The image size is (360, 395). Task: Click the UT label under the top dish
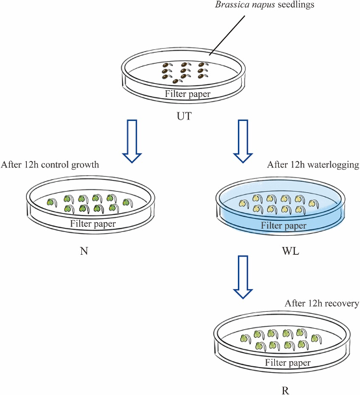(x=185, y=116)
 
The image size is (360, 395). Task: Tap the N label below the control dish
(x=84, y=251)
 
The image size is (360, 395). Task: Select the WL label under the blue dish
(x=290, y=251)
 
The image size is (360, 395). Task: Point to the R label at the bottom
(x=285, y=390)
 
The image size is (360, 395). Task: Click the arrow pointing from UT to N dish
(x=132, y=141)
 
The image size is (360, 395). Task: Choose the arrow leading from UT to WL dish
(x=243, y=141)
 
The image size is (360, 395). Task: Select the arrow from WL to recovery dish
(x=243, y=277)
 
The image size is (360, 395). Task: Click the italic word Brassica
(x=232, y=5)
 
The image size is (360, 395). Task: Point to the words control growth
(x=70, y=165)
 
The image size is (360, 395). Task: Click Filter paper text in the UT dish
(x=188, y=94)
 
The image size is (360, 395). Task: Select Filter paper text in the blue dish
(x=283, y=225)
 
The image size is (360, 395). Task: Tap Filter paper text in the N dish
(x=93, y=223)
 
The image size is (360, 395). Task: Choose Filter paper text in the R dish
(x=288, y=363)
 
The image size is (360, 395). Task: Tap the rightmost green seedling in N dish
(x=128, y=203)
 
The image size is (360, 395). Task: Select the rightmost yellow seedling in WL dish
(x=314, y=204)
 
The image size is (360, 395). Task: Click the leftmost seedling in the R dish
(x=246, y=339)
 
